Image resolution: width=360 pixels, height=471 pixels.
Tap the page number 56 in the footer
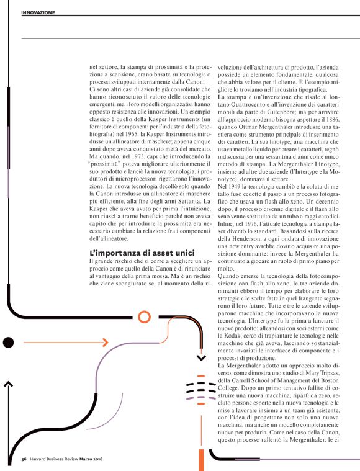click(24, 459)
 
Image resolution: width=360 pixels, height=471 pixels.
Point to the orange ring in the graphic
click(144, 317)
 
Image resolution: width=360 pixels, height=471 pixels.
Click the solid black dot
click(8, 342)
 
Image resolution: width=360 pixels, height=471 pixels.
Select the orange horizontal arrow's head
click(106, 342)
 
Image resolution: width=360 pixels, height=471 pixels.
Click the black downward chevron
click(201, 358)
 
